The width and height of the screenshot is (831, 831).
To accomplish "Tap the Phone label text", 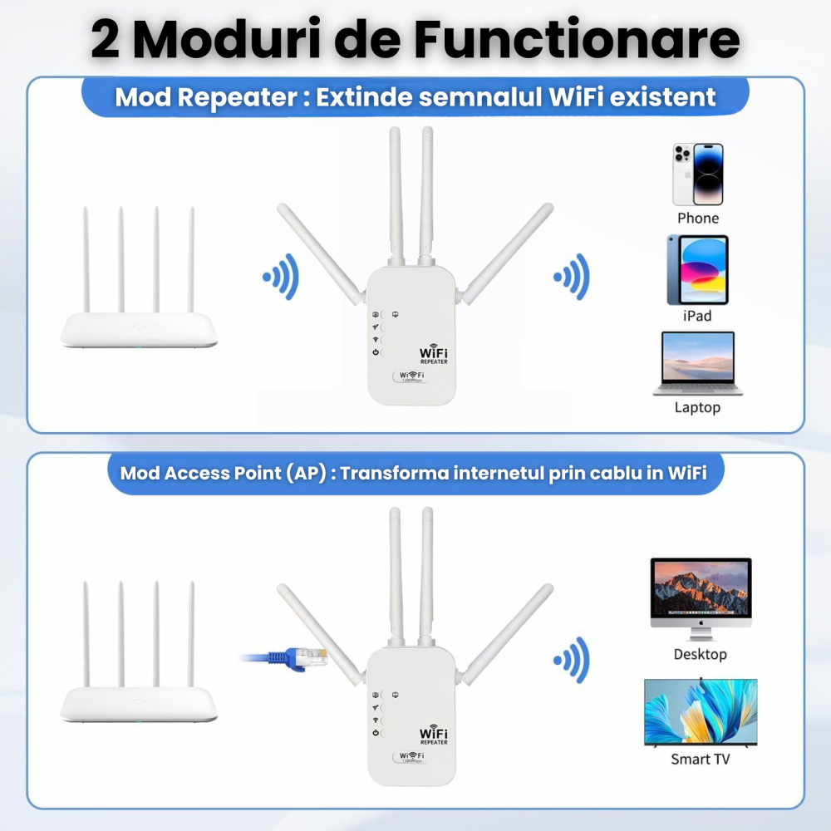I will click(x=698, y=218).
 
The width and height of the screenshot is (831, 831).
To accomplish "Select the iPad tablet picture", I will click(x=698, y=270).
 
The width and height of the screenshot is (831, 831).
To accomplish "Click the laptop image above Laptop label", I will click(x=697, y=363).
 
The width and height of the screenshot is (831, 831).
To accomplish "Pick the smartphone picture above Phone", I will click(x=698, y=175).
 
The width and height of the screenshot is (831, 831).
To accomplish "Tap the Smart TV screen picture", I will click(x=701, y=713).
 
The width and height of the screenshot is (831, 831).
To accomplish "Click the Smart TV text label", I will click(x=701, y=759).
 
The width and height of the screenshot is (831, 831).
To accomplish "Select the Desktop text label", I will click(x=701, y=654).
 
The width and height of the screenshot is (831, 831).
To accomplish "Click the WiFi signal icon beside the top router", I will click(x=281, y=276).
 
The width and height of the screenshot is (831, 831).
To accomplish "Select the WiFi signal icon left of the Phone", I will click(x=572, y=276).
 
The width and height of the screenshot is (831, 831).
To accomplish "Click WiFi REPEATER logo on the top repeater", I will click(x=434, y=356).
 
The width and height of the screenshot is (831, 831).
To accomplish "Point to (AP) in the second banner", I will click(x=307, y=473).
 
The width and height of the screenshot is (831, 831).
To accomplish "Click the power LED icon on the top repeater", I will click(x=376, y=354).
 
